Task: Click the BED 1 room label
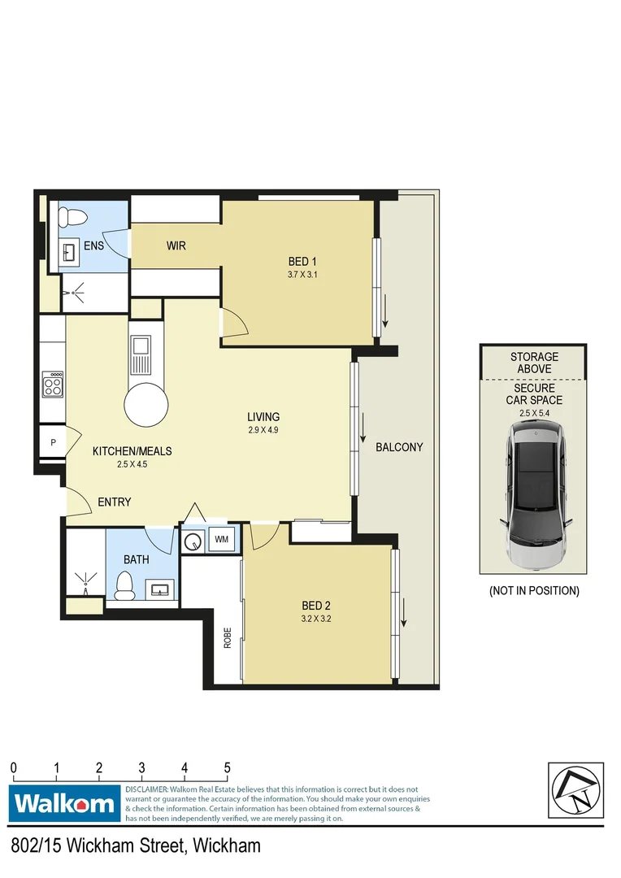pyautogui.click(x=301, y=261)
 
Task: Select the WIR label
pyautogui.click(x=177, y=246)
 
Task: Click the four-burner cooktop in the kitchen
pyautogui.click(x=54, y=384)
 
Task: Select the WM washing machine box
pyautogui.click(x=221, y=539)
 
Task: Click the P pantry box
pyautogui.click(x=53, y=443)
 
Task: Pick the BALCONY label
pyautogui.click(x=399, y=447)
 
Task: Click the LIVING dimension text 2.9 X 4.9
pyautogui.click(x=263, y=430)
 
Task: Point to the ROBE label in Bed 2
pyautogui.click(x=228, y=637)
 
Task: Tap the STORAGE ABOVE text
pyautogui.click(x=534, y=363)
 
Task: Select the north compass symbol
pyautogui.click(x=575, y=791)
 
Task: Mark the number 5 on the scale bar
pyautogui.click(x=228, y=767)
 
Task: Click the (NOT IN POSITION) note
pyautogui.click(x=534, y=591)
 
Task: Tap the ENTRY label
pyautogui.click(x=114, y=502)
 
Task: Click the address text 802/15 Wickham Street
pyautogui.click(x=137, y=846)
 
